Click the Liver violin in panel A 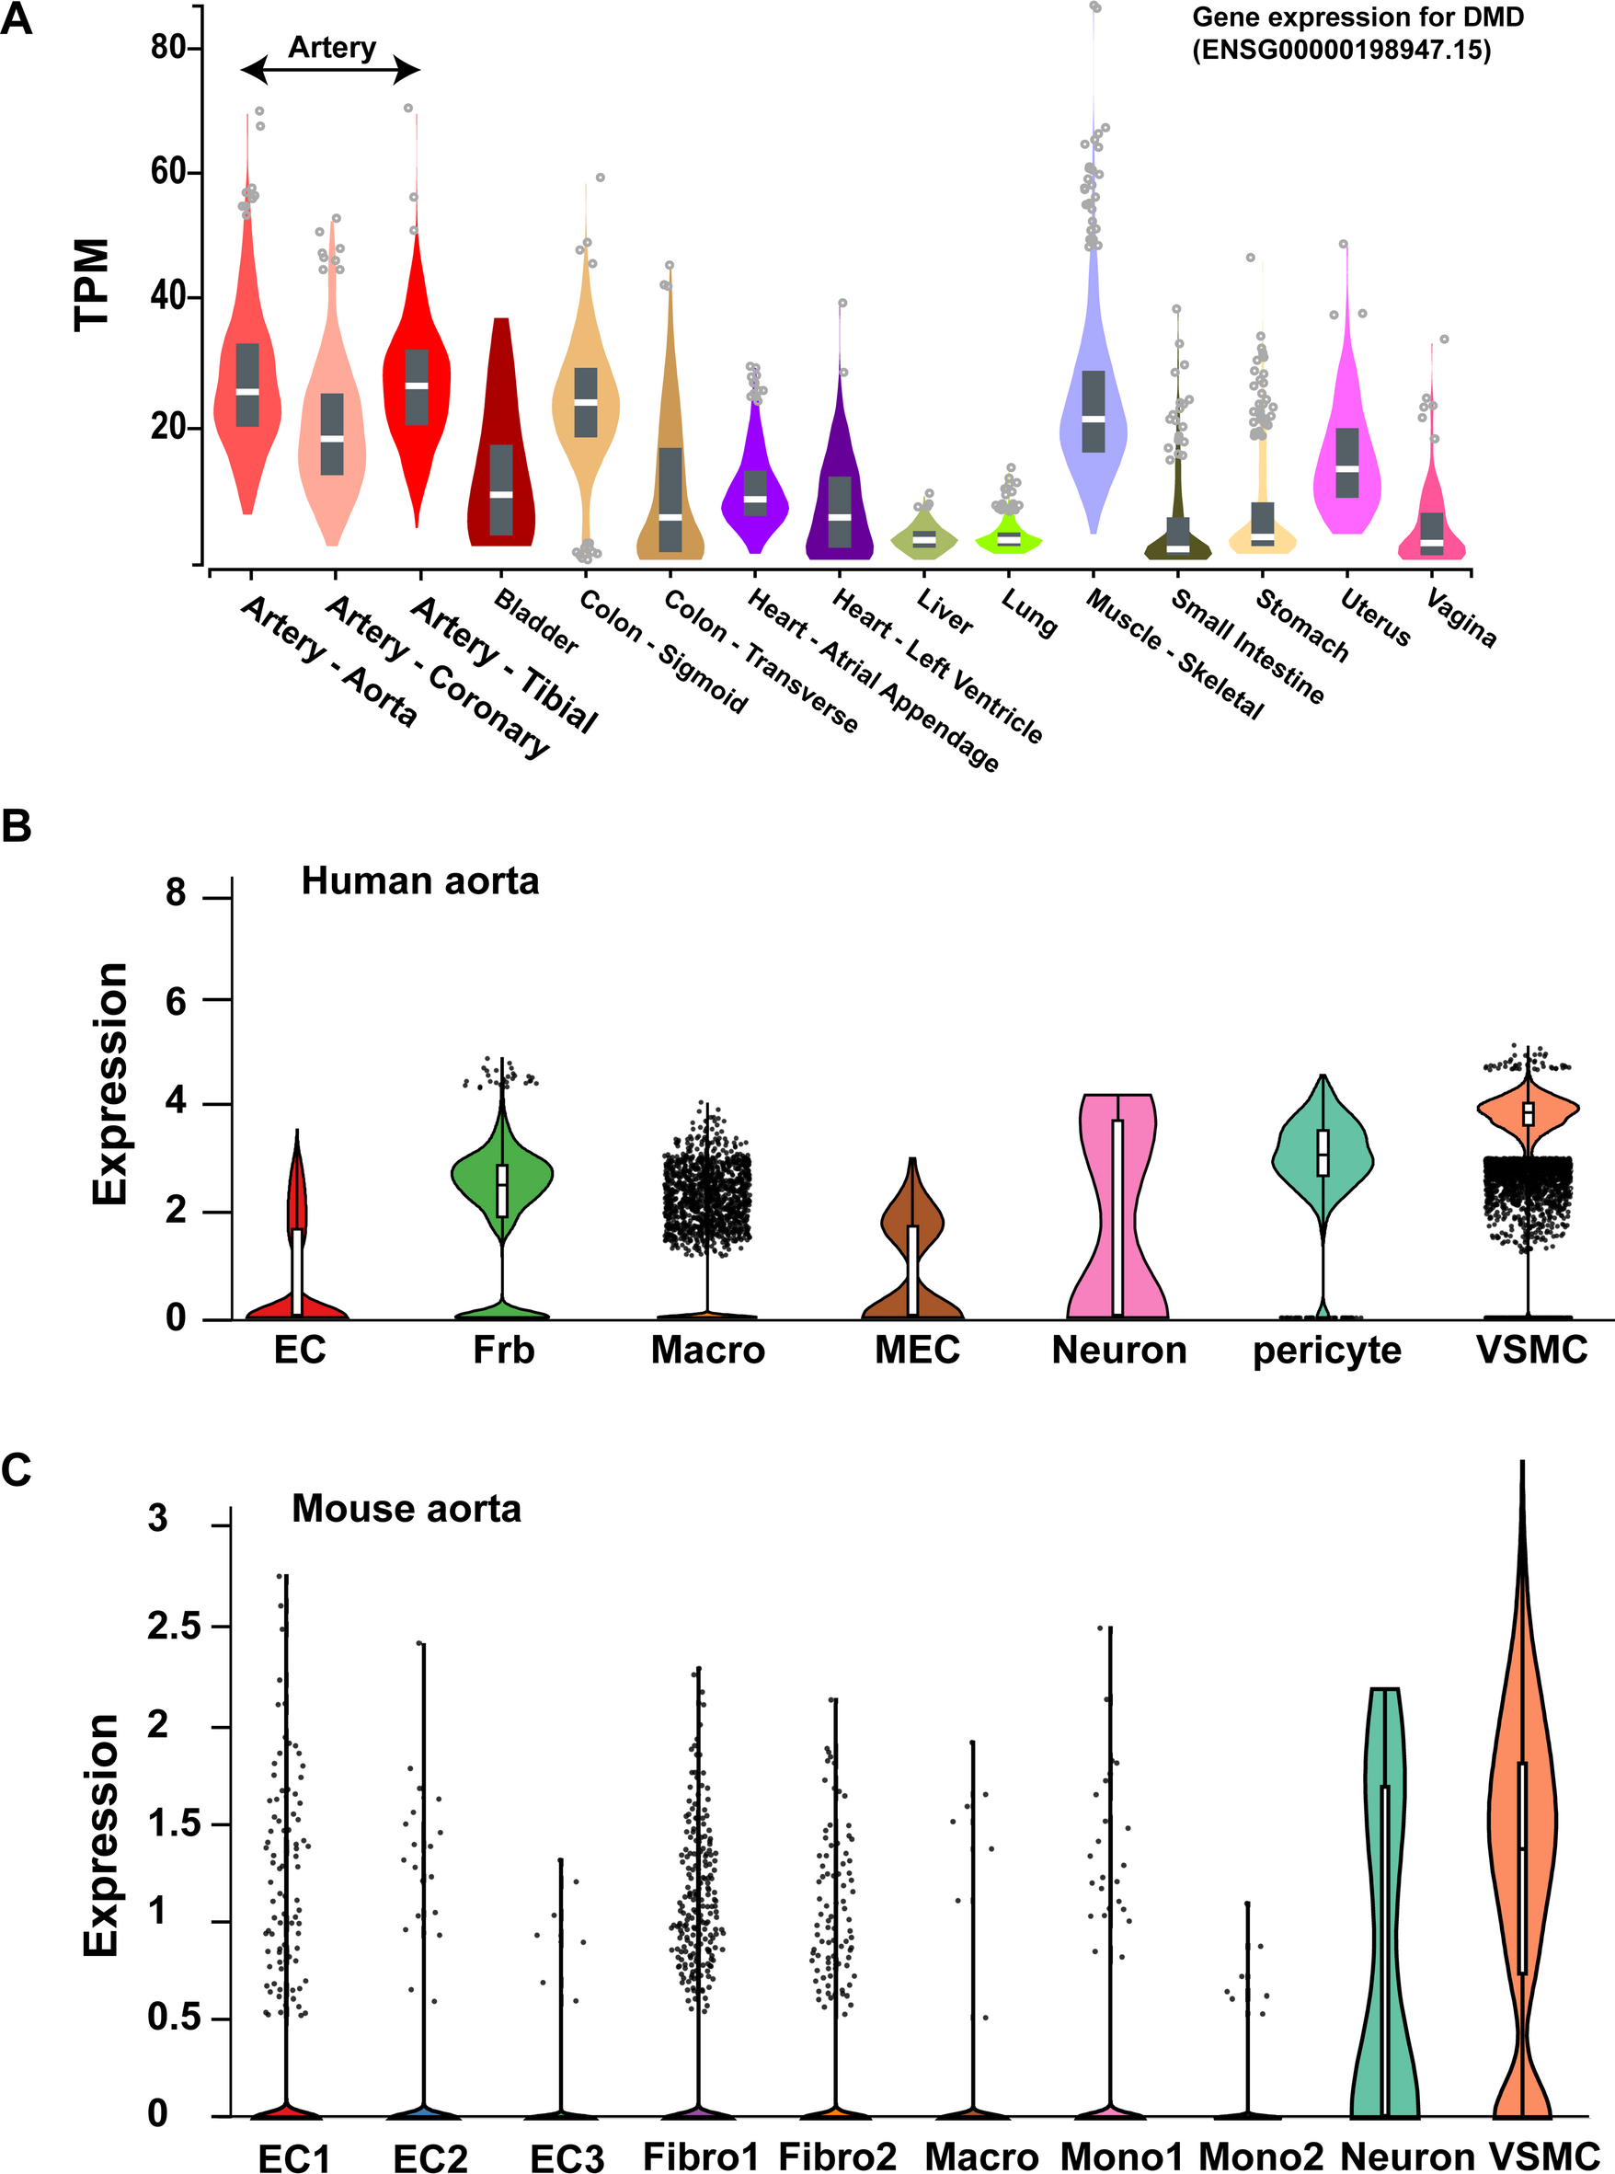[x=923, y=537]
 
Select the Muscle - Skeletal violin [x=1093, y=410]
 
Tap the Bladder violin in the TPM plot [x=501, y=469]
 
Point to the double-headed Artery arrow [x=330, y=69]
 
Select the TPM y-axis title [x=92, y=284]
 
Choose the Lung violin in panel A [x=1009, y=538]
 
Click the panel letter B [x=17, y=826]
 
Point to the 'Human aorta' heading [x=419, y=881]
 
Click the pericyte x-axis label [x=1326, y=1351]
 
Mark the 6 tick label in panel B [x=176, y=1000]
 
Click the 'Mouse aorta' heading [x=406, y=1509]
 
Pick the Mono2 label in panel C [x=1260, y=2157]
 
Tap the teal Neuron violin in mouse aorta [x=1384, y=1907]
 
